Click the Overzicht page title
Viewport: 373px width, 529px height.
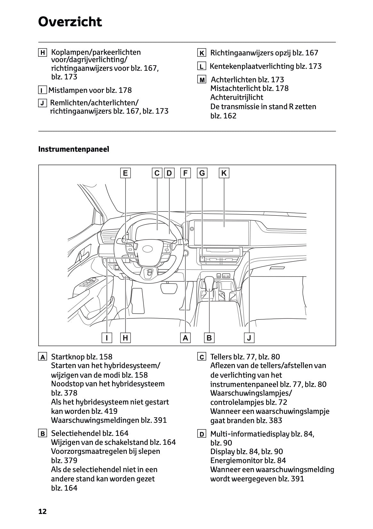(x=70, y=22)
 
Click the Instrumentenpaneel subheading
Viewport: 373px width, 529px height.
(x=74, y=149)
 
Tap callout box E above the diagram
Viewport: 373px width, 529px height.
(x=125, y=173)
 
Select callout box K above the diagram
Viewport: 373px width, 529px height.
(x=224, y=173)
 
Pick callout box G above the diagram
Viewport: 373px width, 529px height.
(x=202, y=173)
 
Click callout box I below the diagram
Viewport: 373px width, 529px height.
(x=107, y=338)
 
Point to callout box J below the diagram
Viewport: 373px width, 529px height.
(x=249, y=338)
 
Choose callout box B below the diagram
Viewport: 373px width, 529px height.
(x=209, y=338)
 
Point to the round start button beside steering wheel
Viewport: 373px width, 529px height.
(x=186, y=253)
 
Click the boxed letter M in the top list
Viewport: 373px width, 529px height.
(x=202, y=80)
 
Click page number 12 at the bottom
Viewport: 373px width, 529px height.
(x=42, y=511)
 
